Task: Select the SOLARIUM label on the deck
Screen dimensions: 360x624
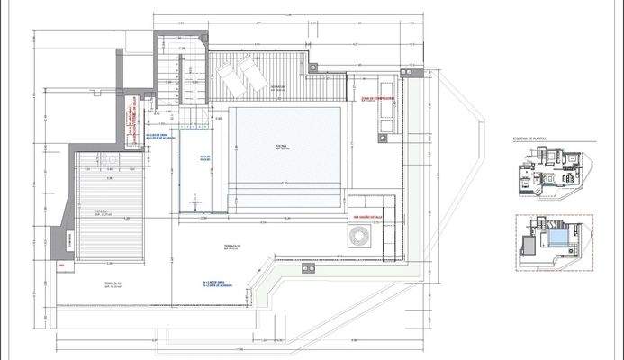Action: [x=279, y=87]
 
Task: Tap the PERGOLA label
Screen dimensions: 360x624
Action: [x=102, y=213]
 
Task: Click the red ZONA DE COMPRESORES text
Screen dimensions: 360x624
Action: [x=375, y=100]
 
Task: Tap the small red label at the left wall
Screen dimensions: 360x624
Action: [x=61, y=266]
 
